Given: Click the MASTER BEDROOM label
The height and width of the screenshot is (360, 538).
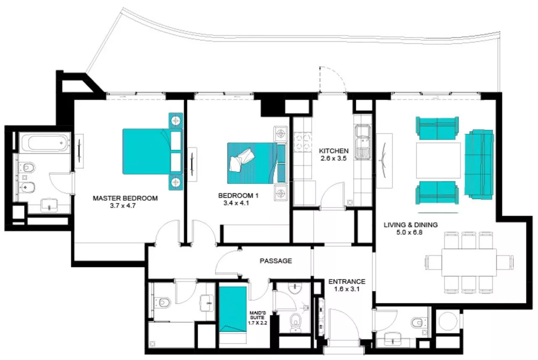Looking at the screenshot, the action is pyautogui.click(x=125, y=198).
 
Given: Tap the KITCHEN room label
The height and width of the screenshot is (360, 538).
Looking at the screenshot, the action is pyautogui.click(x=334, y=151).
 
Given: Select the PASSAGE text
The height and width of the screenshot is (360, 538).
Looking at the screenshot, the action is pyautogui.click(x=276, y=261).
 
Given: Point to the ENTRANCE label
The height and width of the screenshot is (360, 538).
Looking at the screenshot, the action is pyautogui.click(x=347, y=281).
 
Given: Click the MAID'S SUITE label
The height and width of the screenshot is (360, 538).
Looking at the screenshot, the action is pyautogui.click(x=258, y=315).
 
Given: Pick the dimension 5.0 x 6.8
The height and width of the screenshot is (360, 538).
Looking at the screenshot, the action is pyautogui.click(x=409, y=232).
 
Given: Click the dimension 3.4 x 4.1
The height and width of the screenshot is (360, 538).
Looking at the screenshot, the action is pyautogui.click(x=236, y=203).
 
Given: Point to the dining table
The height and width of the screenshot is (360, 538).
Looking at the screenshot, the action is pyautogui.click(x=469, y=263).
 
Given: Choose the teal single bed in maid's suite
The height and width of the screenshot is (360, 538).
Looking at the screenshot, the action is pyautogui.click(x=233, y=310).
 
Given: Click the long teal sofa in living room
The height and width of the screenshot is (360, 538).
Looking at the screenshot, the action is pyautogui.click(x=479, y=164).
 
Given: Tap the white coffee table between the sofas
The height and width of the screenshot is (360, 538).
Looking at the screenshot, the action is pyautogui.click(x=438, y=160).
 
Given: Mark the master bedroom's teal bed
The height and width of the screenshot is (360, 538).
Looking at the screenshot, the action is pyautogui.click(x=153, y=152).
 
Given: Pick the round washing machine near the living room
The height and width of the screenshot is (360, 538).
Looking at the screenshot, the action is pyautogui.click(x=448, y=321).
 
